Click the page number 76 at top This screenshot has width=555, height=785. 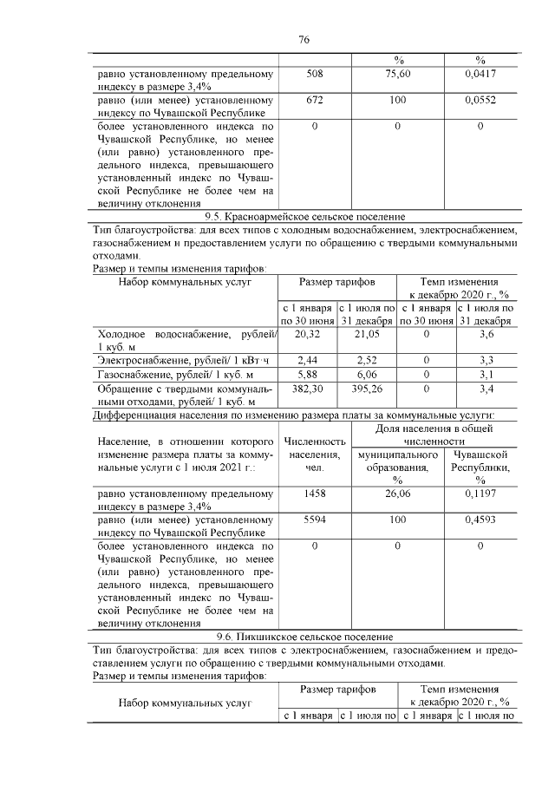tap(304, 39)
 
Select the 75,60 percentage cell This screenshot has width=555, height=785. tap(397, 75)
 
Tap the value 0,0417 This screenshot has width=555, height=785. tap(480, 75)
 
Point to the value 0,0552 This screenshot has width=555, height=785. tap(480, 101)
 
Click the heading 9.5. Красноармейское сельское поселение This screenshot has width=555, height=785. tap(304, 216)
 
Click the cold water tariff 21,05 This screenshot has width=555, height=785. tap(367, 333)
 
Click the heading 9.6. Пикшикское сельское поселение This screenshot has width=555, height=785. tap(304, 636)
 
